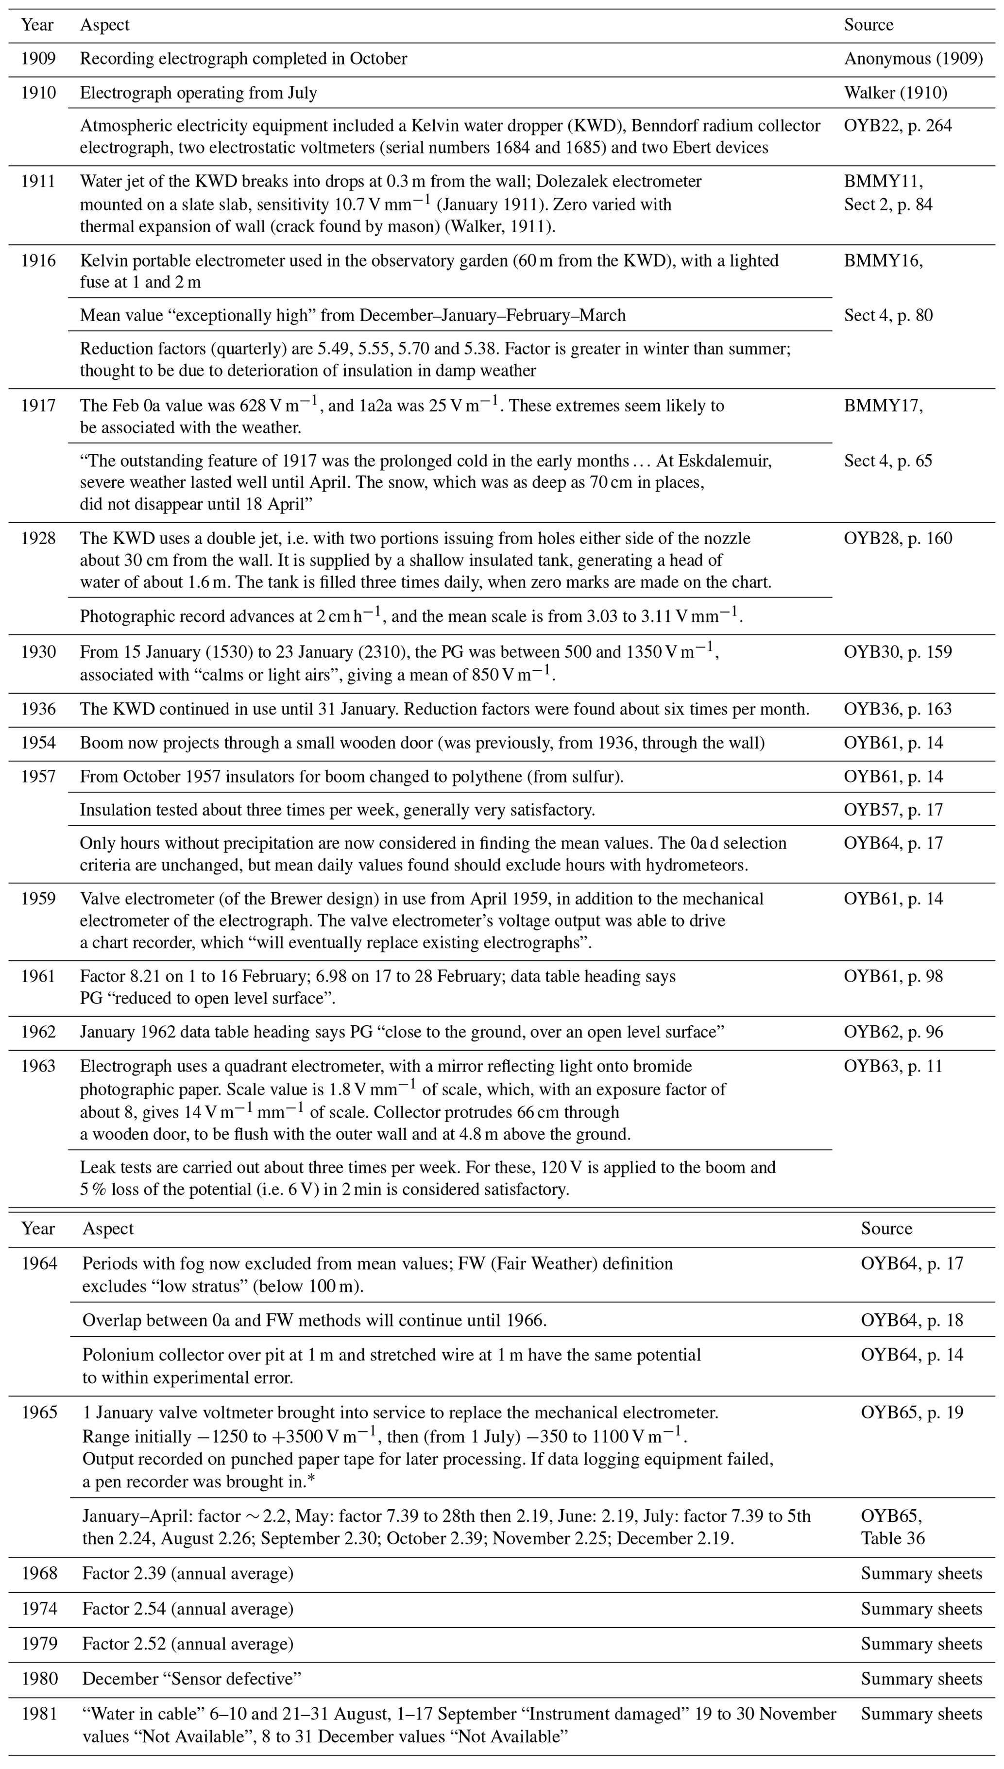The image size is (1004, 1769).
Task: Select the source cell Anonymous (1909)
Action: pos(913,59)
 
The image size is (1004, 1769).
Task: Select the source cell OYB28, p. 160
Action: pos(898,538)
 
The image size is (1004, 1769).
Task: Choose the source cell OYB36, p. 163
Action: pos(898,709)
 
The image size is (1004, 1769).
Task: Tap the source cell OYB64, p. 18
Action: pos(912,1320)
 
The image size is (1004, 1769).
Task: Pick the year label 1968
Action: pos(39,1573)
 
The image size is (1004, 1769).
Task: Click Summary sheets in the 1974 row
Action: pos(921,1608)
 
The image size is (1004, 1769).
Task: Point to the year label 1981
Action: pos(39,1714)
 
